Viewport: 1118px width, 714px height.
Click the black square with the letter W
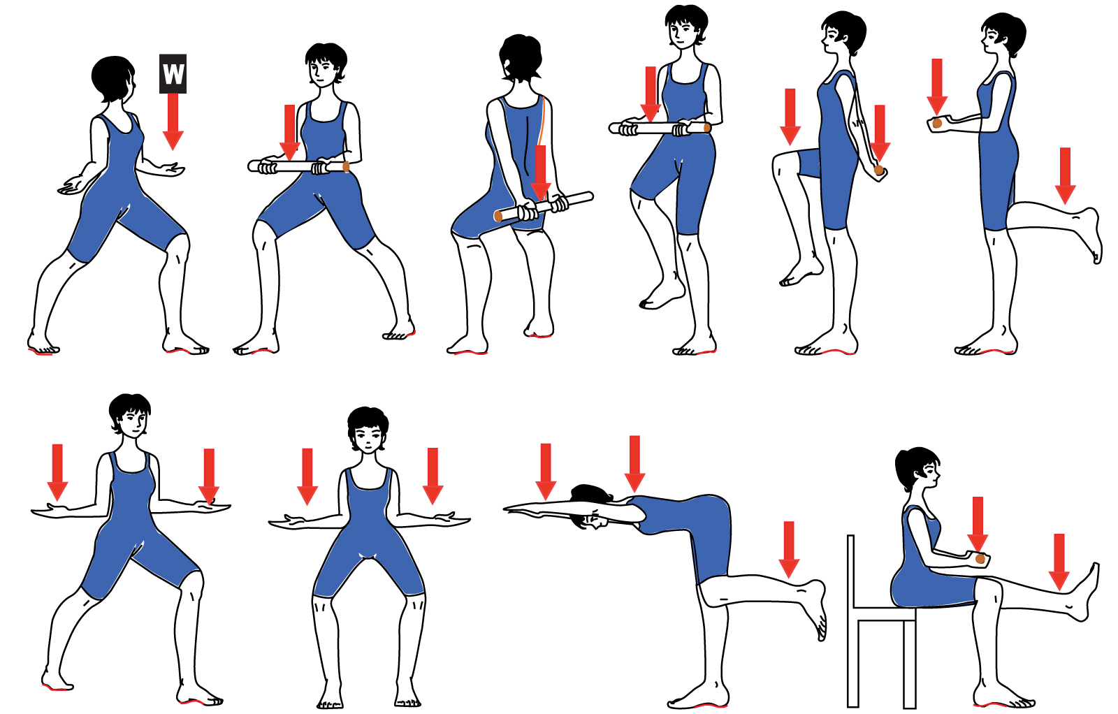pyautogui.click(x=173, y=74)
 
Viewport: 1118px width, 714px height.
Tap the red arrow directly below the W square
pyautogui.click(x=173, y=122)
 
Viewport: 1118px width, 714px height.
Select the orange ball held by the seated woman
pyautogui.click(x=980, y=559)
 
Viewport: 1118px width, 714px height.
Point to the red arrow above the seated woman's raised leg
pyautogui.click(x=1059, y=562)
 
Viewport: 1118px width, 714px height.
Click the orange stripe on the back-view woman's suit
pyautogui.click(x=542, y=119)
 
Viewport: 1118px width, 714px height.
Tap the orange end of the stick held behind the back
pyautogui.click(x=498, y=216)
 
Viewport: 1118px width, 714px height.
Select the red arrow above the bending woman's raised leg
pyautogui.click(x=789, y=550)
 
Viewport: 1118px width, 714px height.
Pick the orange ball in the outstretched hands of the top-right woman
pyautogui.click(x=937, y=123)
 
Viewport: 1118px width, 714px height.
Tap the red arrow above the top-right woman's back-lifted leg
pyautogui.click(x=1065, y=175)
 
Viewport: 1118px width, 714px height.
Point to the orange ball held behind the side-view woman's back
pyautogui.click(x=879, y=170)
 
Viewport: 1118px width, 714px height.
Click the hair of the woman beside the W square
pyautogui.click(x=112, y=78)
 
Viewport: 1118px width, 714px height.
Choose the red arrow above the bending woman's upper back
pyautogui.click(x=634, y=464)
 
